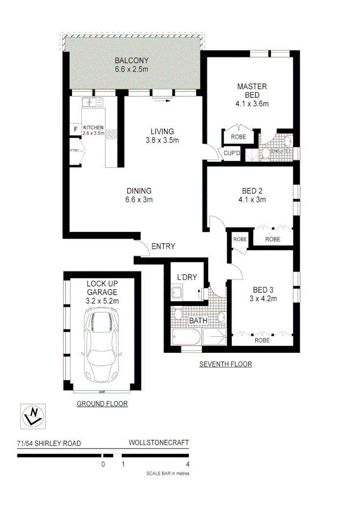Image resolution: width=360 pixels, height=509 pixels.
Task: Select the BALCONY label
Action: pyautogui.click(x=131, y=61)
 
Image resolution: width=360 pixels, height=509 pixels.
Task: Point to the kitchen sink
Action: pyautogui.click(x=92, y=102)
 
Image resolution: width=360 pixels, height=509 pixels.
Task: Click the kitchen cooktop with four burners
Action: pyautogui.click(x=111, y=134)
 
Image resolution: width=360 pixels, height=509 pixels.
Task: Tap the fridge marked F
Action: pyautogui.click(x=75, y=129)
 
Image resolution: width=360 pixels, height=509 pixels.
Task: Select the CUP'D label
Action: pyautogui.click(x=232, y=153)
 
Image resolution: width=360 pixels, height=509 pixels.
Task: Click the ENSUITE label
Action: pyautogui.click(x=284, y=151)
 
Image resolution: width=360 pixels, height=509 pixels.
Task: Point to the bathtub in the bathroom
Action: pyautogui.click(x=187, y=337)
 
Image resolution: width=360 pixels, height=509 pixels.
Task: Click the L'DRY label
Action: pyautogui.click(x=187, y=277)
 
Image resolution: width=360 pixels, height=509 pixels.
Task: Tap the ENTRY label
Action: pyautogui.click(x=163, y=246)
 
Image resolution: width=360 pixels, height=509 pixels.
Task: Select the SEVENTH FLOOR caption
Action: pyautogui.click(x=225, y=364)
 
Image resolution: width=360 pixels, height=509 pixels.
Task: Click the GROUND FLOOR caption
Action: pyautogui.click(x=102, y=404)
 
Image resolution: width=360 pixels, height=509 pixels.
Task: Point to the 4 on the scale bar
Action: pyautogui.click(x=188, y=464)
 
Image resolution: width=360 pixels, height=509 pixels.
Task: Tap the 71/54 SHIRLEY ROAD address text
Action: pyautogui.click(x=49, y=443)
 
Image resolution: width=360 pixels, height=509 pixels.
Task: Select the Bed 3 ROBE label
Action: pyautogui.click(x=262, y=340)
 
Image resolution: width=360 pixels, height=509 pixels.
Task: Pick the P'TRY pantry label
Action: pyautogui.click(x=75, y=151)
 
